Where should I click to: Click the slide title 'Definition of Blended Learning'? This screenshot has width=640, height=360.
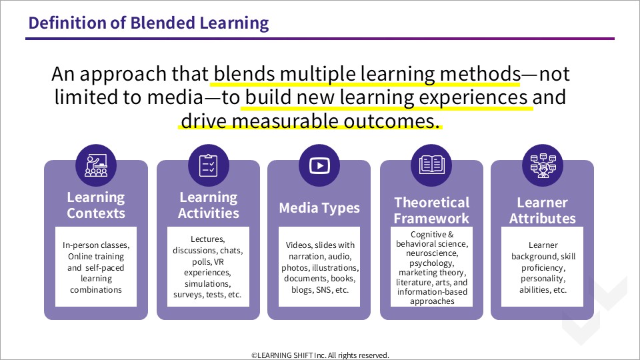(149, 23)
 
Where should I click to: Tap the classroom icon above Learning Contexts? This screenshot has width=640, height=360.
(96, 165)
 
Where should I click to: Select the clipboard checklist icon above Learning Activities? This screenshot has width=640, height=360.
(208, 165)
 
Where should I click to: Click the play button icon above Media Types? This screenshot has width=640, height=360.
(319, 165)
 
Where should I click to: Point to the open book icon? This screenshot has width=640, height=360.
(431, 165)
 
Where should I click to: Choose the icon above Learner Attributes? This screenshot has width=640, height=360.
(543, 165)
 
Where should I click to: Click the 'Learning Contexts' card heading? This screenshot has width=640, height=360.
(96, 205)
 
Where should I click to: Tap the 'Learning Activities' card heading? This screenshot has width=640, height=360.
(209, 205)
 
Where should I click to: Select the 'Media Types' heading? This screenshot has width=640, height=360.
(319, 208)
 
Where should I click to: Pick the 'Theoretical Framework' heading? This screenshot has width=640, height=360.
(431, 210)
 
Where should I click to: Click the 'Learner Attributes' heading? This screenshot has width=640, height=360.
(543, 210)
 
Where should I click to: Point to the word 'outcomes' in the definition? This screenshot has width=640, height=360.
(391, 121)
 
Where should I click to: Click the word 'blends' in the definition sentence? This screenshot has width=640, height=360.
(244, 74)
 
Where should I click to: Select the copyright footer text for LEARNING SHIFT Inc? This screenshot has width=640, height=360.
(320, 355)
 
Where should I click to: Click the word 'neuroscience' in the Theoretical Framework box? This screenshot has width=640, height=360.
(431, 253)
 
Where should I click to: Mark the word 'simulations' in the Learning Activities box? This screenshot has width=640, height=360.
(207, 284)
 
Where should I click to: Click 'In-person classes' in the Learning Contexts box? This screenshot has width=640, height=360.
(96, 245)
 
